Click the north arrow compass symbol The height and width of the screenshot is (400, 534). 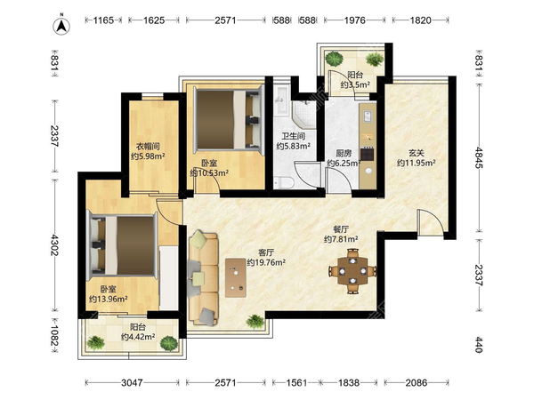(x=61, y=25)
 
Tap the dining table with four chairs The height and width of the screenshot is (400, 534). (x=352, y=271)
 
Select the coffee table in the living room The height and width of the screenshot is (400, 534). (x=236, y=278)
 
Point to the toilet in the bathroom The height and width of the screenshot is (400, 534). (x=283, y=182)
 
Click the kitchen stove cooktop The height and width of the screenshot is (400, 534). (x=368, y=154)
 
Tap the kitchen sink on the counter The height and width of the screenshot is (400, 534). (x=368, y=116)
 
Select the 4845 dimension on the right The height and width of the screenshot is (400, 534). (x=479, y=157)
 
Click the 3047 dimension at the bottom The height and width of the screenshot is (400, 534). (x=132, y=383)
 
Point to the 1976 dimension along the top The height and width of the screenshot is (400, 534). (x=354, y=20)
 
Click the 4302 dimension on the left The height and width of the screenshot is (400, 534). (x=54, y=245)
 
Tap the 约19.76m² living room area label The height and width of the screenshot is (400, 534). (x=266, y=262)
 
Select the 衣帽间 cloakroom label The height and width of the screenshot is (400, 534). (x=148, y=147)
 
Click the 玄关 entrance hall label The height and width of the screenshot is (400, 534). (x=417, y=153)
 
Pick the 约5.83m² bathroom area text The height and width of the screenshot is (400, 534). (x=293, y=147)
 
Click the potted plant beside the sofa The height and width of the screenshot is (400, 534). (x=255, y=322)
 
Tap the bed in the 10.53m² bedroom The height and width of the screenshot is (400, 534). (x=229, y=119)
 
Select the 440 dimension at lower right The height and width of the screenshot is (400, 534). (x=479, y=345)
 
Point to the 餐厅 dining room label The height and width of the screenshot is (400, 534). (x=341, y=229)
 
